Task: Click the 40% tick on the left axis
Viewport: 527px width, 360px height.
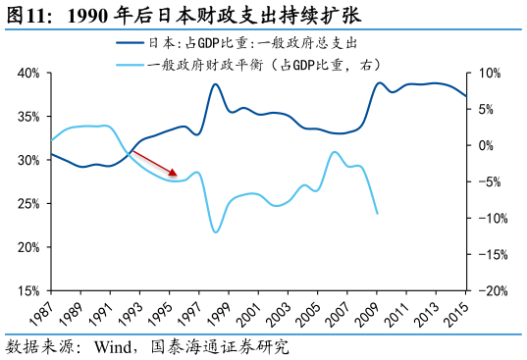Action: pos(27,74)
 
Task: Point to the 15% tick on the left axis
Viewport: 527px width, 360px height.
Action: pos(27,290)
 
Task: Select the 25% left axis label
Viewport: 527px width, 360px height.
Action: pos(27,204)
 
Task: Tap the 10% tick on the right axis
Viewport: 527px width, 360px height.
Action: pos(488,74)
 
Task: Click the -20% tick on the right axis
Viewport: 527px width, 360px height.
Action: pos(491,290)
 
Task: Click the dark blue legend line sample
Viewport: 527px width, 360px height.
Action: pos(131,43)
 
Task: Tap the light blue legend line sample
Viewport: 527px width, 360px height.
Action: pos(131,66)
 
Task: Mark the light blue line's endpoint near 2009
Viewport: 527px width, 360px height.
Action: pos(378,213)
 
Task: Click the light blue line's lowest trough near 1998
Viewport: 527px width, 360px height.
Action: pos(215,231)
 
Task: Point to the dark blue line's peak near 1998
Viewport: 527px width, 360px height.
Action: pos(216,84)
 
